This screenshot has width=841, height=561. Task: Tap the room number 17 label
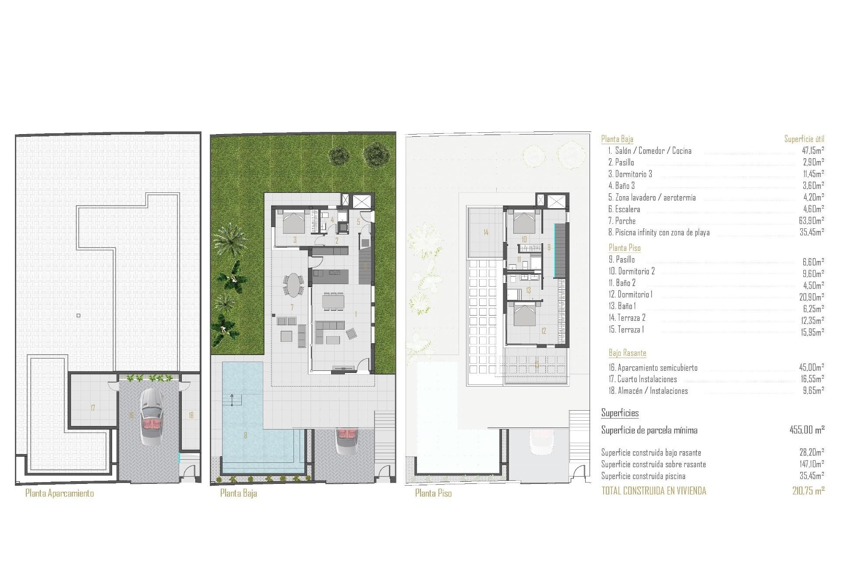[93, 408]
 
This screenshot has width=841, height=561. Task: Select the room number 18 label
[191, 415]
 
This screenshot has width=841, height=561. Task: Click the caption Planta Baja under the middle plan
[238, 494]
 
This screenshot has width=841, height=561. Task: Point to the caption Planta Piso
[433, 494]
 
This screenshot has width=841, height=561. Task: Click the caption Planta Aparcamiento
[60, 494]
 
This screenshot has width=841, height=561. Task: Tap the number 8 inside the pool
[245, 435]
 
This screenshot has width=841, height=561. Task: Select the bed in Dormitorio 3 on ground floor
[293, 222]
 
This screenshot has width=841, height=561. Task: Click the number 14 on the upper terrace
[486, 232]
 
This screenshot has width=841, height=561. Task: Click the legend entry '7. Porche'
[622, 221]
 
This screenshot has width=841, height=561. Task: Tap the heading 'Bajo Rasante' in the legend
[627, 353]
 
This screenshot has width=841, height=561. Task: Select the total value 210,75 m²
[808, 491]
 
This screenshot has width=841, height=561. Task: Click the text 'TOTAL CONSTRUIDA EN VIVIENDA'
[654, 491]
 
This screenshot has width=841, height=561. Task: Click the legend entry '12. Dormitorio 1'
[630, 295]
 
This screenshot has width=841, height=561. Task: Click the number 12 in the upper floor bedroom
[544, 331]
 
